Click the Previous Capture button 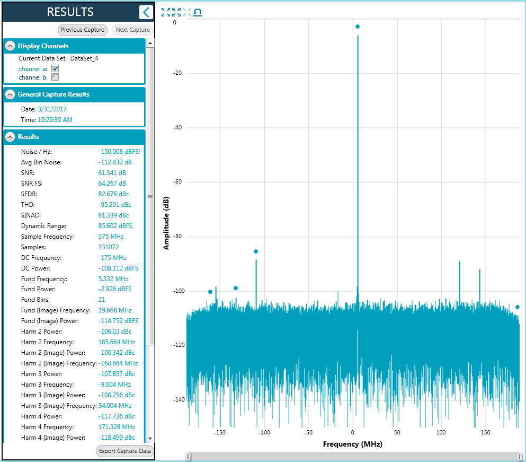pyautogui.click(x=83, y=30)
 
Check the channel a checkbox pyautogui.click(x=55, y=68)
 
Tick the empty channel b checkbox pyautogui.click(x=55, y=77)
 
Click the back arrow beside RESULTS pyautogui.click(x=146, y=12)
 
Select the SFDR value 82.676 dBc pyautogui.click(x=113, y=194)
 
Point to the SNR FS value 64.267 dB pyautogui.click(x=112, y=184)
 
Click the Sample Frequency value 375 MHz pyautogui.click(x=111, y=237)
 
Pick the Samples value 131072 pyautogui.click(x=109, y=247)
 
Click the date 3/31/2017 pyautogui.click(x=52, y=109)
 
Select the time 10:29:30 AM pyautogui.click(x=55, y=120)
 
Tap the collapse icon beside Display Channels pyautogui.click(x=10, y=46)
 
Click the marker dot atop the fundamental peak pyautogui.click(x=358, y=27)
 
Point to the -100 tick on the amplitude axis pyautogui.click(x=179, y=291)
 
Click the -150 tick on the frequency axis pyautogui.click(x=220, y=432)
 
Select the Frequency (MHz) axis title pyautogui.click(x=353, y=444)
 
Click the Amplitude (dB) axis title pyautogui.click(x=166, y=223)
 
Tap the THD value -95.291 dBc pyautogui.click(x=115, y=205)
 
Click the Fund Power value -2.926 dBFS pyautogui.click(x=115, y=289)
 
